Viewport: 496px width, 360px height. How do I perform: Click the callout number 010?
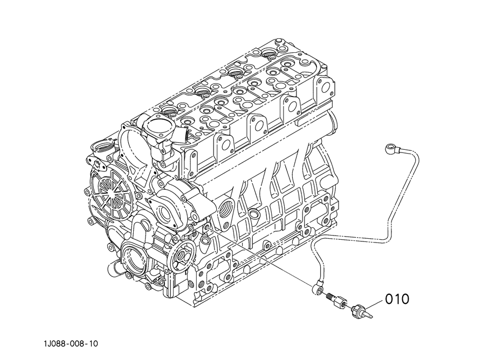click(x=397, y=299)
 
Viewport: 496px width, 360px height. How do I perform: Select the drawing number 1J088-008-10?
click(x=71, y=343)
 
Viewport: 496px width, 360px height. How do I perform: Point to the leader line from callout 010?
click(x=375, y=303)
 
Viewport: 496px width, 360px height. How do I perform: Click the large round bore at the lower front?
click(x=133, y=254)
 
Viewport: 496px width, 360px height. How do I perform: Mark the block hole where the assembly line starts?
click(x=208, y=227)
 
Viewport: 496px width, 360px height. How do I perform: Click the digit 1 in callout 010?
click(x=397, y=299)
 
